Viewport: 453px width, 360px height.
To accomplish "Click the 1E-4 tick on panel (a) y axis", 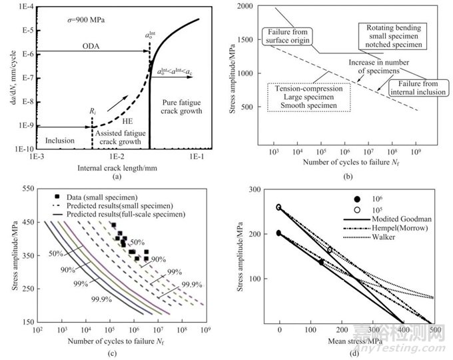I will [x=27, y=7].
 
